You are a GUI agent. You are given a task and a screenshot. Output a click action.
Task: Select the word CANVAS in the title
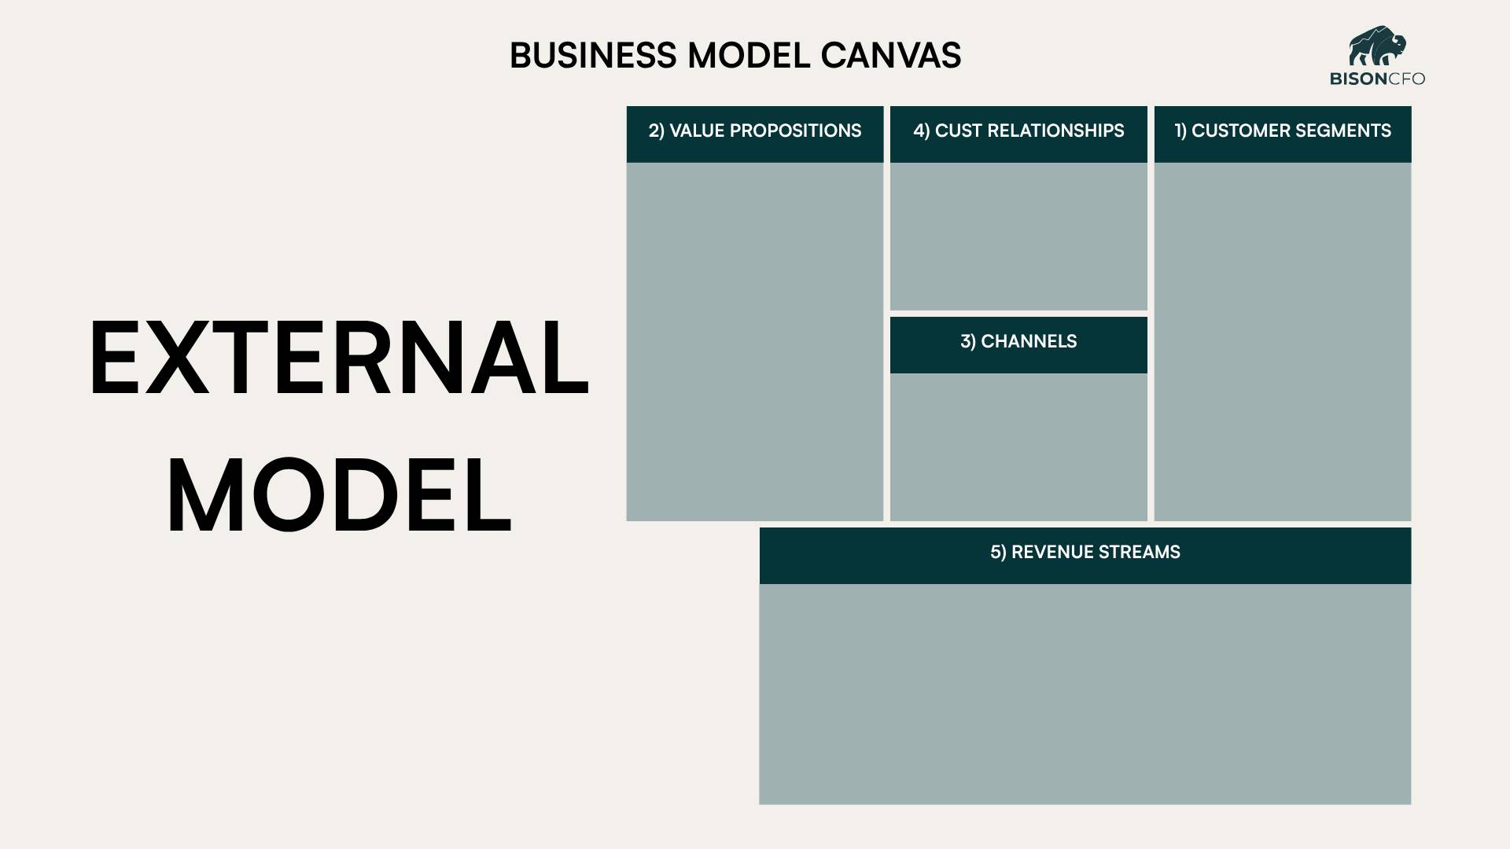[890, 56]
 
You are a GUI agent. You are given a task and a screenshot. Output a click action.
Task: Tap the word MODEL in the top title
[748, 56]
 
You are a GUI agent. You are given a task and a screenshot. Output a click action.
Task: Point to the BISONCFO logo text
[1377, 79]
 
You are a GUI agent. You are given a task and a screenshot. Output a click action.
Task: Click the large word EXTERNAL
[339, 358]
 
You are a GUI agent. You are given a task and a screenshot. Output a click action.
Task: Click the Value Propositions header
[755, 131]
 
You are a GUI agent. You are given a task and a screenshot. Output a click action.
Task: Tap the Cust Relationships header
[1018, 131]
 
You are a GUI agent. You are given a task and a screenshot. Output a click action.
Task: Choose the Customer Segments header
[1283, 131]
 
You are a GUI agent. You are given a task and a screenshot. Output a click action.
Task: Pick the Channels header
[1018, 342]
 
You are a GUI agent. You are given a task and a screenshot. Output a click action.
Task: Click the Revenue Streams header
[1085, 553]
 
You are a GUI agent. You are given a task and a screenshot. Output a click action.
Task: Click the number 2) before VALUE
[657, 131]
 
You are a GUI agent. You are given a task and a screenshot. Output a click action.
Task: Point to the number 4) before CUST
[921, 131]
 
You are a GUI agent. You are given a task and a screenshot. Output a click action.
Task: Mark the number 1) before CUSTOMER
[1180, 131]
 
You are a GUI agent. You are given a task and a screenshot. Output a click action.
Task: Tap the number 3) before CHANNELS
[968, 342]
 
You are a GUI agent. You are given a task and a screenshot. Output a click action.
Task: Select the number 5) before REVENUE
[998, 553]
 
